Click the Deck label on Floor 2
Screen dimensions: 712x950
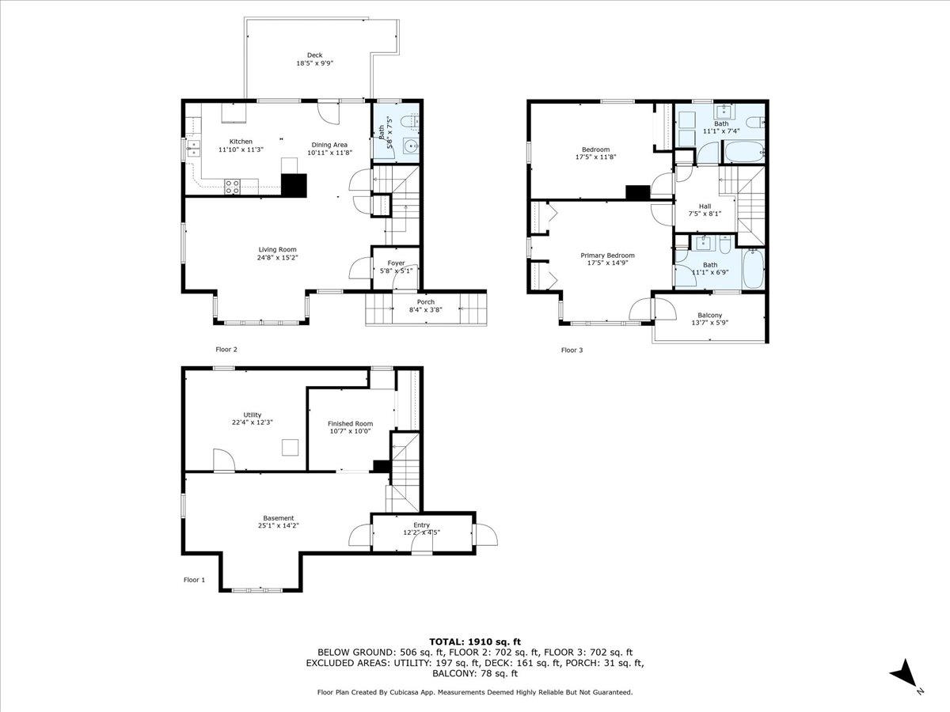(x=314, y=55)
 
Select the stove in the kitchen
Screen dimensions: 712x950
(x=233, y=187)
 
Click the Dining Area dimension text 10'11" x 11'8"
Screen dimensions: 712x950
(x=330, y=153)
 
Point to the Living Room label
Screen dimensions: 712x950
(x=277, y=249)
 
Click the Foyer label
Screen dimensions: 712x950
(x=396, y=263)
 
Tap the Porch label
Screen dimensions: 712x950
(x=426, y=301)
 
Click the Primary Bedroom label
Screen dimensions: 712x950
(x=607, y=255)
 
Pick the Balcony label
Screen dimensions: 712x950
(x=709, y=315)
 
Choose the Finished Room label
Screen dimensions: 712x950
(x=351, y=423)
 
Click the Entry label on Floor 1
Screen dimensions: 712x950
(x=421, y=525)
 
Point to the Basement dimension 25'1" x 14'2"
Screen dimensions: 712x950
(x=278, y=525)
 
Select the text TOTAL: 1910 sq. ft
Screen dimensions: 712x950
(x=475, y=642)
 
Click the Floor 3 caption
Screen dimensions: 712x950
(x=572, y=350)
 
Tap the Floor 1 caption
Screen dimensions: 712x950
(x=194, y=580)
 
